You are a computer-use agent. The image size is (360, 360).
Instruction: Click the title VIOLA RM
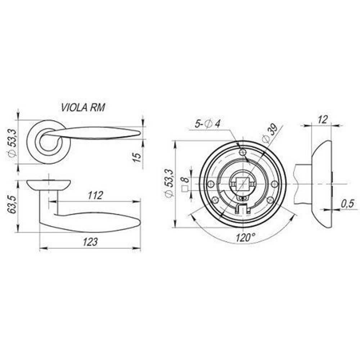coord(83,107)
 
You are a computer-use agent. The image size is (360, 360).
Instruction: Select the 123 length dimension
coord(90,242)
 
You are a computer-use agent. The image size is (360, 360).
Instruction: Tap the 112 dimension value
coord(95,195)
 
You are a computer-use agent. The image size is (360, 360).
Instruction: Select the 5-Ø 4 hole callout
coord(208,124)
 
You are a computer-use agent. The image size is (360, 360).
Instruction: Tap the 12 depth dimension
coord(323,120)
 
